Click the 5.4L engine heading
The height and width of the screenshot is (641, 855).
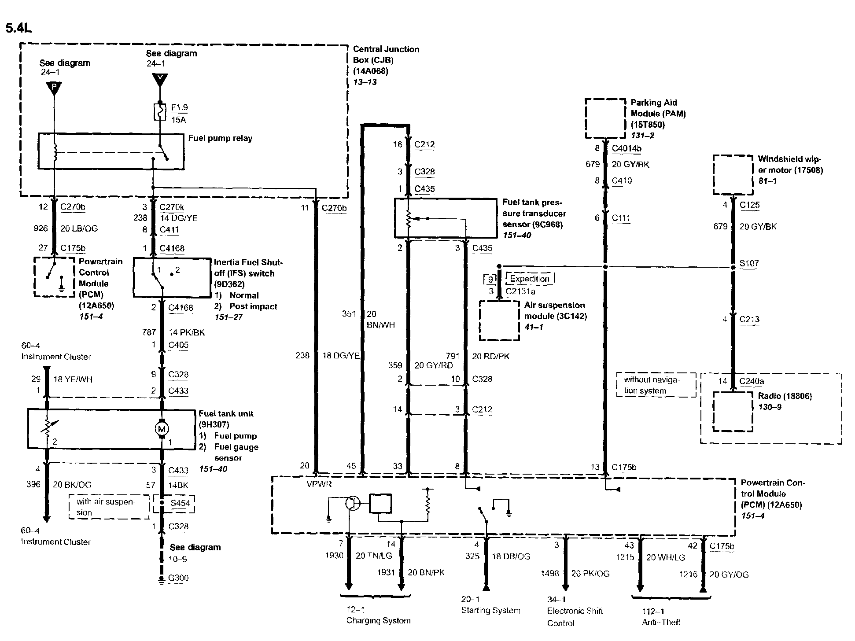18,28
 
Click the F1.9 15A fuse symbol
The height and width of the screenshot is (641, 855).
159,112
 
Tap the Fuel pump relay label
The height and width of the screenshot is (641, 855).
220,138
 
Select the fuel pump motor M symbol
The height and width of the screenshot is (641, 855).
161,429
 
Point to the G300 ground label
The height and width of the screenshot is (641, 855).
178,578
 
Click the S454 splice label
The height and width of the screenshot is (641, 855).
180,503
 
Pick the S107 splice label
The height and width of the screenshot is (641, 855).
749,264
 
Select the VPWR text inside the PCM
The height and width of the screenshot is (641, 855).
319,484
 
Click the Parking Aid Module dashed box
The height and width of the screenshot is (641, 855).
605,118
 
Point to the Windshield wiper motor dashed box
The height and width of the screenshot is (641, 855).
733,174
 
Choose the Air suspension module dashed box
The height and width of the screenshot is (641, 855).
499,320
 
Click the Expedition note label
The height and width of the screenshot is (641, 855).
530,279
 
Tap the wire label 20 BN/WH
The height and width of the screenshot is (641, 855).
380,320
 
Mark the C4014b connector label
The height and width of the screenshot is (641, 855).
627,148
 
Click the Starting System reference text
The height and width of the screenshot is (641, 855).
490,611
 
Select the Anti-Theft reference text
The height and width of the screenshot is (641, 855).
661,622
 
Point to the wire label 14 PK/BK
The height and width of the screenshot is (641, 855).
187,332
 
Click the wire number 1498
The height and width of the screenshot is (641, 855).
550,573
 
